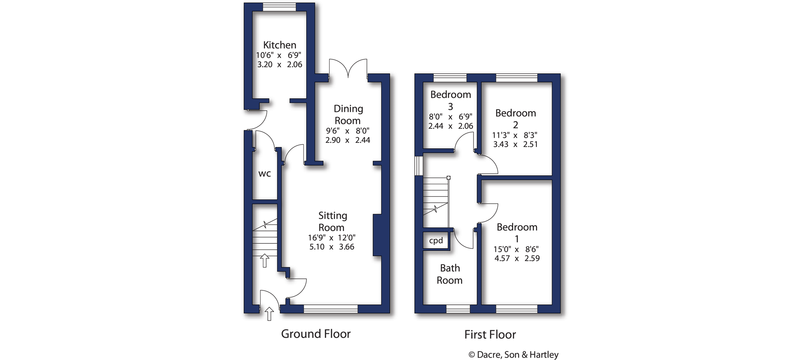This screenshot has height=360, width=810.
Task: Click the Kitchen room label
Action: click(x=279, y=45)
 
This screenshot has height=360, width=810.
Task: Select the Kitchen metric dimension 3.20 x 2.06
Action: click(x=279, y=64)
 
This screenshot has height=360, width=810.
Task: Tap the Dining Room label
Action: click(x=348, y=115)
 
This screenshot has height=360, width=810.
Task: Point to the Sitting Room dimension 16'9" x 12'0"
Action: click(x=331, y=237)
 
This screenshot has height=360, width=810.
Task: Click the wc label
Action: click(x=264, y=174)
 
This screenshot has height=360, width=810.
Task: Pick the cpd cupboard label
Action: click(x=436, y=240)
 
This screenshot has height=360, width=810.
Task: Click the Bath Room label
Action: click(x=450, y=274)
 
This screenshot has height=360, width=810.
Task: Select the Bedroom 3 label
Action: click(x=450, y=100)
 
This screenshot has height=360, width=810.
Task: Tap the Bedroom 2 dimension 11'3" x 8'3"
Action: click(x=515, y=135)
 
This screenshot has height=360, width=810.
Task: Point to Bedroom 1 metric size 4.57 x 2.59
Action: click(x=517, y=258)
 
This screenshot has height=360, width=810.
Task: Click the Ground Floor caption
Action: click(x=315, y=334)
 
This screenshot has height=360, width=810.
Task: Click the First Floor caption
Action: click(x=490, y=335)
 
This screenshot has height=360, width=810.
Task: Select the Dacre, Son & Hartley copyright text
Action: click(x=513, y=355)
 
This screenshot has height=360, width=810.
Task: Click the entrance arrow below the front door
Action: click(x=269, y=314)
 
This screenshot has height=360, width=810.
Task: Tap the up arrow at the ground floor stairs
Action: click(x=264, y=261)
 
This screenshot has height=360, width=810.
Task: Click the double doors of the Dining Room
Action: click(x=348, y=69)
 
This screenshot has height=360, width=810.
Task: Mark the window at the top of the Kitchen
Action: click(x=279, y=7)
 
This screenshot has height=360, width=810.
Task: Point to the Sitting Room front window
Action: click(x=331, y=309)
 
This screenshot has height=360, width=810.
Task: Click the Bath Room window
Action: click(x=458, y=309)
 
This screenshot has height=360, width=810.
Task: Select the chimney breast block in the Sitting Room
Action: click(x=377, y=235)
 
